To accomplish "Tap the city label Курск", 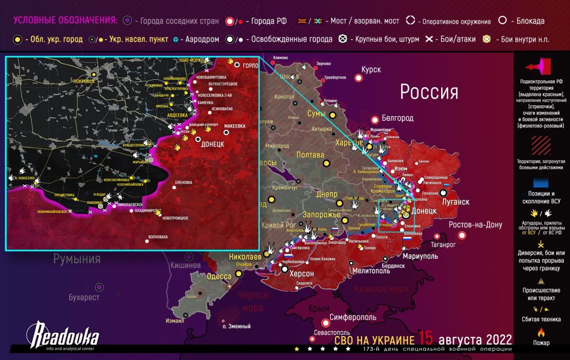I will [x=370, y=69].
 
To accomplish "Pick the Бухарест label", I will [x=84, y=297].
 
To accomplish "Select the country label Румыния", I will [x=77, y=259].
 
